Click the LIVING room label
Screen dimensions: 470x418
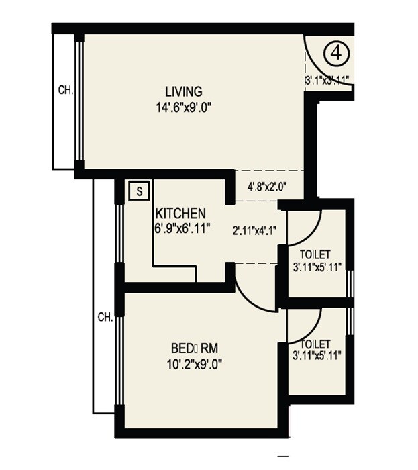coord(184,91)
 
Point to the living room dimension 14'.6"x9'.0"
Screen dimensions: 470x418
coord(184,106)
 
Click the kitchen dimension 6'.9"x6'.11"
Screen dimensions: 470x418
coord(182,228)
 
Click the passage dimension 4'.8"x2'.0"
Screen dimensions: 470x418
coord(266,187)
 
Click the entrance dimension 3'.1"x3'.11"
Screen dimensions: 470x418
coord(327,79)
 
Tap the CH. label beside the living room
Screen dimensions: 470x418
coord(65,88)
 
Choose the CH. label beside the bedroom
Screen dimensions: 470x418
coord(104,316)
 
